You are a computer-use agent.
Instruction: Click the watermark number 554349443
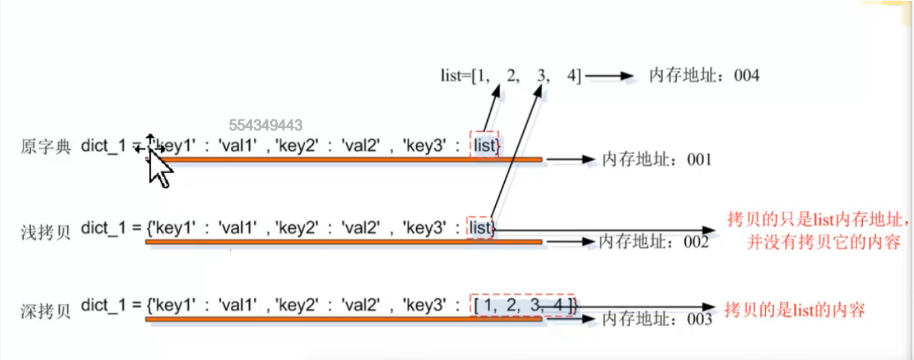tap(265, 125)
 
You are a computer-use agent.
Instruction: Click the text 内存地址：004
tap(704, 75)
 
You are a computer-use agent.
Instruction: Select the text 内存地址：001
tap(656, 159)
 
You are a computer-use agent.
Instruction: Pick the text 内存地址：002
tap(654, 242)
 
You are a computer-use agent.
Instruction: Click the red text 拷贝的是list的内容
tap(794, 309)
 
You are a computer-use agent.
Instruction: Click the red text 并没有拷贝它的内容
tap(823, 243)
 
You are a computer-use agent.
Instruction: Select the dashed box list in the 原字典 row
tap(485, 146)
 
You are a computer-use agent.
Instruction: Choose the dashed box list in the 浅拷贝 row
tap(481, 228)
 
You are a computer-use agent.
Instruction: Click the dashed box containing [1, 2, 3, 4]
tap(523, 305)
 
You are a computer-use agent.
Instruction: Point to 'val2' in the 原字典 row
tap(359, 146)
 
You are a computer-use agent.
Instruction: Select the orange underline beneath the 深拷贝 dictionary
tap(344, 319)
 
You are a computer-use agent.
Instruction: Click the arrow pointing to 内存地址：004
tap(609, 76)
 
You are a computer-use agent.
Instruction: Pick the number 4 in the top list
tap(572, 75)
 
